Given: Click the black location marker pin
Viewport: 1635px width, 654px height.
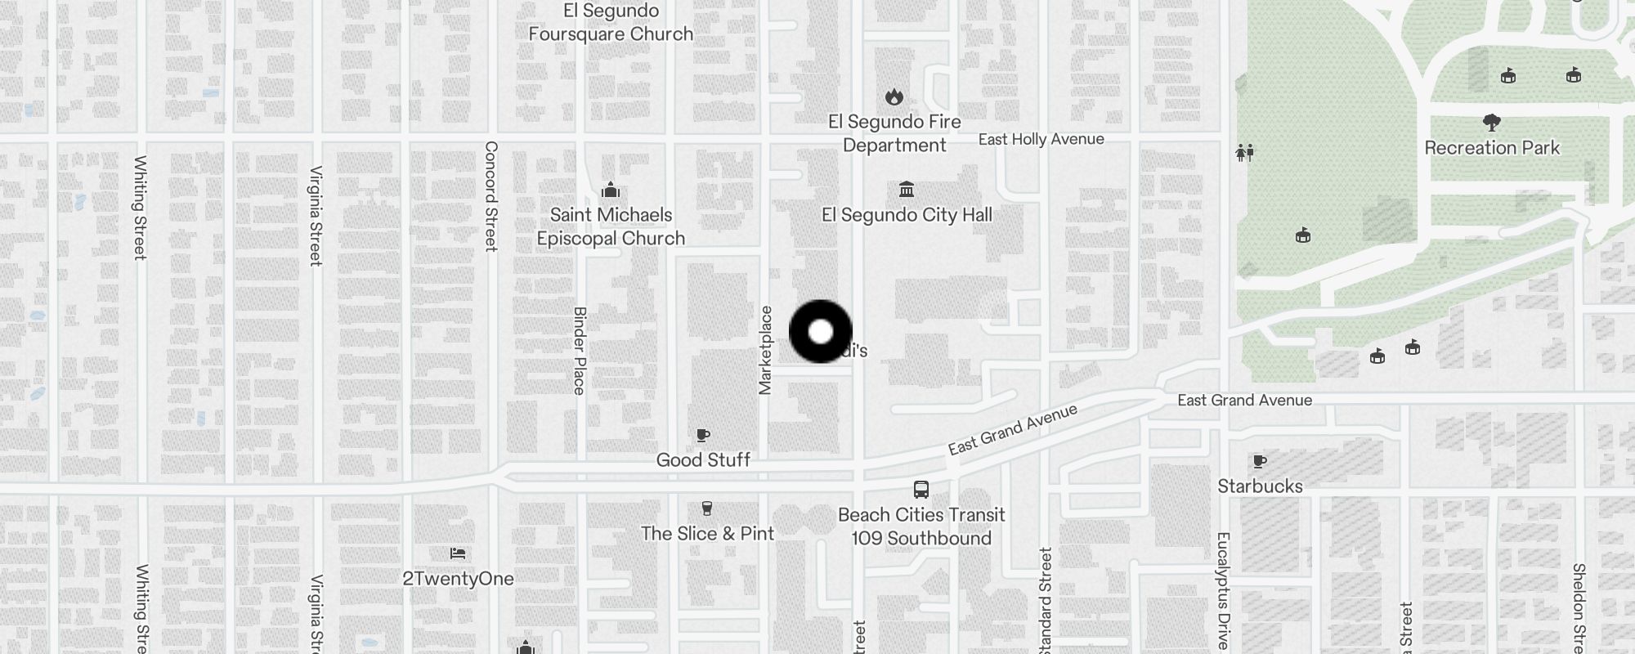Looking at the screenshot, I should click(x=821, y=332).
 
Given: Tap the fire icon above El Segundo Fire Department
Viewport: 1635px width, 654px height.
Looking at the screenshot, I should click(x=894, y=96).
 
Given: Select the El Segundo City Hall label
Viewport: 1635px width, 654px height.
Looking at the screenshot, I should click(x=907, y=215).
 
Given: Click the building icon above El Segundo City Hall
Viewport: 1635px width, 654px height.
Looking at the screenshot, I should click(x=907, y=190).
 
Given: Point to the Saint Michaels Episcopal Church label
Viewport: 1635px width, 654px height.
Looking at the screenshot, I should click(x=611, y=226).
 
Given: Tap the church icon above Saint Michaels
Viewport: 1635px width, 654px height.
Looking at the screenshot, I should click(x=611, y=191).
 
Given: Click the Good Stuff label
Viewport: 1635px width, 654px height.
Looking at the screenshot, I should click(x=703, y=460).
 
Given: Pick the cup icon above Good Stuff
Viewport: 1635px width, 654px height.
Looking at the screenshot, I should click(x=703, y=435).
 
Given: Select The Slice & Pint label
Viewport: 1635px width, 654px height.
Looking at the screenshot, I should click(x=707, y=534).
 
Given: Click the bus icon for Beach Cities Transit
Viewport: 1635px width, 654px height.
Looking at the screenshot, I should click(x=921, y=490).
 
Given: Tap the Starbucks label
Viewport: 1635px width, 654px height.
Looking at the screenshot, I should click(x=1260, y=486).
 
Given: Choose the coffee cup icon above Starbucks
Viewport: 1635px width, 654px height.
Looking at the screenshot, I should click(x=1260, y=461).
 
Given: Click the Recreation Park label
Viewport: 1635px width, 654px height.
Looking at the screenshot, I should click(x=1492, y=148).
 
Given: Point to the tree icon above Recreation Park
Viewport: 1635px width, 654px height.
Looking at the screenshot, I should click(x=1492, y=123).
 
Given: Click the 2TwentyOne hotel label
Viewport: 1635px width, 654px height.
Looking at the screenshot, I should click(x=458, y=579).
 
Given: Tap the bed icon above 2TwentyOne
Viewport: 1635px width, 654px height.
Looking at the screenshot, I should click(x=458, y=553).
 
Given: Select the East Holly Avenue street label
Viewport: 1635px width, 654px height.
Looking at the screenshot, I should click(x=1041, y=140).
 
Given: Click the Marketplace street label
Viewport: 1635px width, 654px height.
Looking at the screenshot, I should click(x=766, y=350).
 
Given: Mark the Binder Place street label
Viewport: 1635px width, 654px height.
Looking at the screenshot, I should click(x=580, y=351).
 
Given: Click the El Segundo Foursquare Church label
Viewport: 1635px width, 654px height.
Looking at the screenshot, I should click(x=611, y=23).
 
